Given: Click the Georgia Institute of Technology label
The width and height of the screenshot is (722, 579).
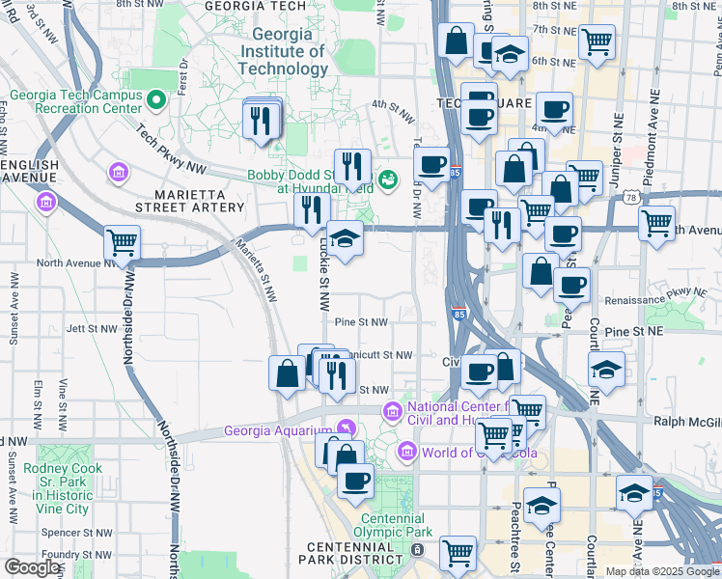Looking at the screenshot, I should [283, 51].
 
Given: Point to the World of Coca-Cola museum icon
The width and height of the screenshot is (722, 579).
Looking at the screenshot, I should [407, 452].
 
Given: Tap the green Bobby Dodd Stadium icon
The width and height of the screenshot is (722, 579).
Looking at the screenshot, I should [387, 179].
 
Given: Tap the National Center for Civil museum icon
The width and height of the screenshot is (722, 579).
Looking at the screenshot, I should [392, 412].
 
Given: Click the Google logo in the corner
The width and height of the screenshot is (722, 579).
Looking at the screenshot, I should [33, 567].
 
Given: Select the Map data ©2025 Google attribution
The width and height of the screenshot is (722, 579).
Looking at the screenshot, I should [661, 571].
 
